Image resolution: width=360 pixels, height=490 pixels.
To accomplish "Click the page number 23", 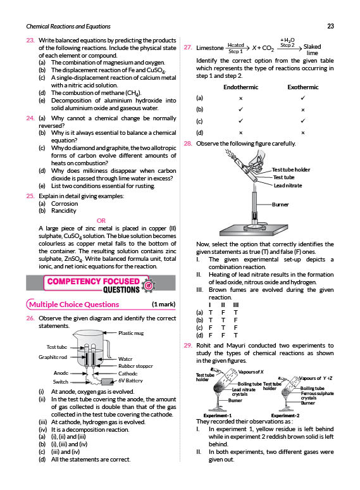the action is pos(330,26).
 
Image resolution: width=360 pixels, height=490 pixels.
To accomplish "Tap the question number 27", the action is pos(188,47).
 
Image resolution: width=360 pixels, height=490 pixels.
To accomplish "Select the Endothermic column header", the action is pos(240,87).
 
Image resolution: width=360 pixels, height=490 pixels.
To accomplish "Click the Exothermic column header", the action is pos(303,87).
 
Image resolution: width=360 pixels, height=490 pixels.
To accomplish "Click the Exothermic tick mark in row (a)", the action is pos(303,98).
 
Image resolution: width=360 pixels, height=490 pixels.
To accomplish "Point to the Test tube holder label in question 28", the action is pos(291,170).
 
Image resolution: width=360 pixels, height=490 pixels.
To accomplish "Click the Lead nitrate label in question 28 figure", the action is pos(288,185).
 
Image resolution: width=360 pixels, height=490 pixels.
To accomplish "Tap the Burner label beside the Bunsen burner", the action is pos(280,204).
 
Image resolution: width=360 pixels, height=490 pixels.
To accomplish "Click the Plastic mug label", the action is pos(131,333).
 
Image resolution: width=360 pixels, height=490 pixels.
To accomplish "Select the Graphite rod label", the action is pos(53,357).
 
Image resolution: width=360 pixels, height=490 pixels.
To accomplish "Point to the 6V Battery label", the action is pos(130,380).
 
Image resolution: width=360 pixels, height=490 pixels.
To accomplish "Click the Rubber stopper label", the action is pos(135,366).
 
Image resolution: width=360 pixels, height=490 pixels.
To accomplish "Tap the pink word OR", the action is pos(101,220).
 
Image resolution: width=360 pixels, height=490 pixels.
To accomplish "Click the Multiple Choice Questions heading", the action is pos(74,305).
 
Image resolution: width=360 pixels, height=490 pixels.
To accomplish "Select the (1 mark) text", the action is pos(164,305).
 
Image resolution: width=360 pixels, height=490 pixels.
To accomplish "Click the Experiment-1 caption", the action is pos(218,416).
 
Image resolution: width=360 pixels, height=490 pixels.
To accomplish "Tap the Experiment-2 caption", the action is pos(285,416).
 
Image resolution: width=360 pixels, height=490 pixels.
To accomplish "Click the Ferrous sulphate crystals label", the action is pos(317,396).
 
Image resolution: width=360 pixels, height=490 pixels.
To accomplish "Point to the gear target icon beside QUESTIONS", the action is pos(149,285).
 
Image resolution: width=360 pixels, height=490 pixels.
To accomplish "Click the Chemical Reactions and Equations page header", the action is pos(68,27).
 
